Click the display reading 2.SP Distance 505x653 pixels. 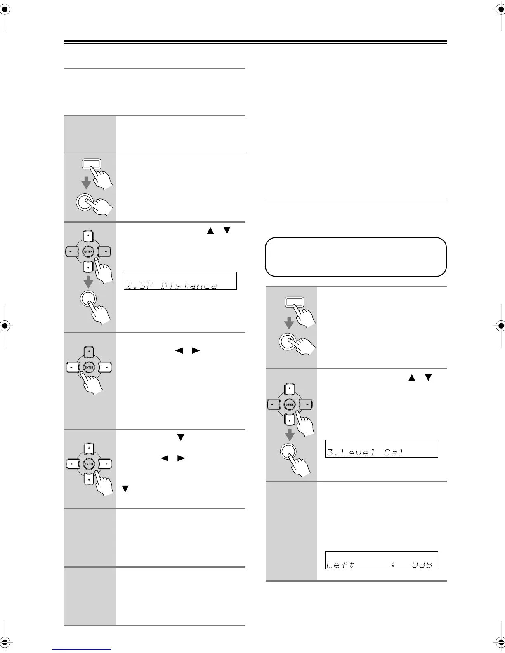pos(180,281)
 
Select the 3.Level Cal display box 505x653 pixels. pos(381,449)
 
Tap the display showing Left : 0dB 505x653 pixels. pos(381,560)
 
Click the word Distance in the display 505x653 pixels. pos(189,285)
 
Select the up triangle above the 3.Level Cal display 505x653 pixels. pos(411,377)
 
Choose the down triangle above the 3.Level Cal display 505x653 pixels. pos(428,377)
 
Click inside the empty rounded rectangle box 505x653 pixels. pos(356,257)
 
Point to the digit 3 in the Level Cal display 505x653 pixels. pos(330,453)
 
